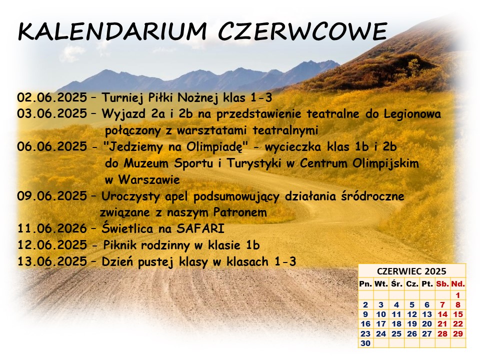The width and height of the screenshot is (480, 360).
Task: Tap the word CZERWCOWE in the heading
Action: click(x=303, y=31)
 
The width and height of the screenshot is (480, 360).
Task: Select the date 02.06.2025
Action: click(x=52, y=97)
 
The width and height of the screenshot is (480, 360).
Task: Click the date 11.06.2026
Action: click(x=52, y=228)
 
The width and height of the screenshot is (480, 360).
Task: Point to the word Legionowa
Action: click(x=412, y=114)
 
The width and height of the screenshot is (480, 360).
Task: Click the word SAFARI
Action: click(x=200, y=228)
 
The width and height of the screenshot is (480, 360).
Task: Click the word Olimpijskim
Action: click(x=385, y=163)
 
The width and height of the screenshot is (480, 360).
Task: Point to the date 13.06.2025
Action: click(x=52, y=261)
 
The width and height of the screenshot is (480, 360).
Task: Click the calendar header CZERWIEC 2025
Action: click(x=411, y=271)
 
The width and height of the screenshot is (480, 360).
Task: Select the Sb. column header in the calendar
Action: click(x=442, y=284)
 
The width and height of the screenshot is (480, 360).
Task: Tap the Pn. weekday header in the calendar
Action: click(x=365, y=284)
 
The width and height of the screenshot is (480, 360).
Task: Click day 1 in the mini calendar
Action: click(x=458, y=295)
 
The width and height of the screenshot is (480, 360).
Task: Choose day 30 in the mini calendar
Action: click(x=365, y=343)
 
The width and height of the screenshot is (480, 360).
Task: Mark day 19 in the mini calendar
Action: click(x=412, y=324)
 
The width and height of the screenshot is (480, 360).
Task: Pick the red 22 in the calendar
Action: click(x=458, y=324)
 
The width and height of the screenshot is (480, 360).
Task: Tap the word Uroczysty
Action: click(x=130, y=196)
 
